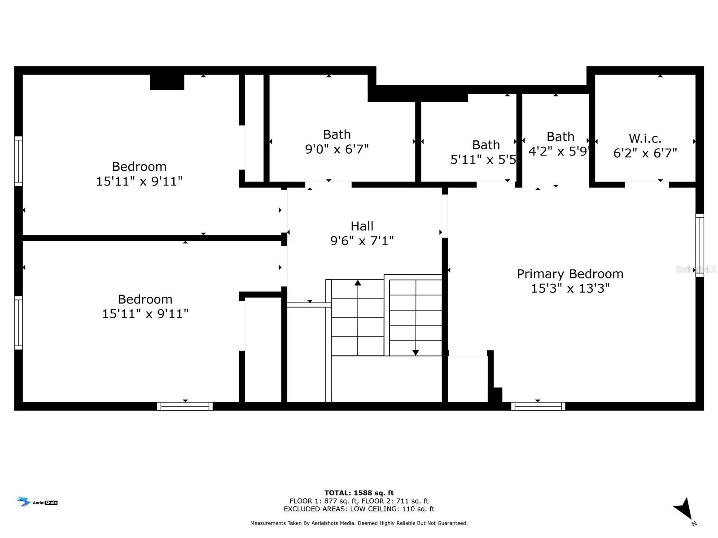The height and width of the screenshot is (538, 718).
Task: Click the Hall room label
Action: [x=362, y=226]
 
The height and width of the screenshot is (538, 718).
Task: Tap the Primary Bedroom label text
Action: [x=570, y=274]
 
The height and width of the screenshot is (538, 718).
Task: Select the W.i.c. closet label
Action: [x=645, y=139]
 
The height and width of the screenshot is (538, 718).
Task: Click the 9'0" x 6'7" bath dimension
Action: [x=337, y=149]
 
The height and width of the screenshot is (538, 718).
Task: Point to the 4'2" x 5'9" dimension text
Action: [x=559, y=151]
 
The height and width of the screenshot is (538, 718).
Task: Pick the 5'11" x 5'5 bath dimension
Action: [x=483, y=160]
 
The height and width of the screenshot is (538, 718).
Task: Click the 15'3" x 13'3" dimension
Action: [x=570, y=288]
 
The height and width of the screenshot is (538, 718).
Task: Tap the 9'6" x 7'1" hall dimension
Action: [x=362, y=241]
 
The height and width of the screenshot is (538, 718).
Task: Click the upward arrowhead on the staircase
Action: [x=358, y=282]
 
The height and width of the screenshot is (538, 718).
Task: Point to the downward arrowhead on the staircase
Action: [x=416, y=353]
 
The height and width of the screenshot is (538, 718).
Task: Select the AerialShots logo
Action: [x=37, y=501]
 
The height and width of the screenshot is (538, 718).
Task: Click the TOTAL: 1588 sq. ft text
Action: [x=359, y=493]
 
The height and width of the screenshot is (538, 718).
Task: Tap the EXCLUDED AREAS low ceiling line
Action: [x=359, y=509]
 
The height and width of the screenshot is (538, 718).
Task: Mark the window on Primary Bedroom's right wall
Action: [x=699, y=245]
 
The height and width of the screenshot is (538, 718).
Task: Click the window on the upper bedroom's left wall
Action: [x=18, y=161]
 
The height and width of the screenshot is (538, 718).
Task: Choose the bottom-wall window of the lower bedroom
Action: [x=185, y=406]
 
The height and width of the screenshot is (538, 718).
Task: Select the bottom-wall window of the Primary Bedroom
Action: [x=538, y=406]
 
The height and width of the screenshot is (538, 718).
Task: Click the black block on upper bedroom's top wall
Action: [x=167, y=82]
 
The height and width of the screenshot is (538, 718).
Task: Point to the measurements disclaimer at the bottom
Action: [x=359, y=523]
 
